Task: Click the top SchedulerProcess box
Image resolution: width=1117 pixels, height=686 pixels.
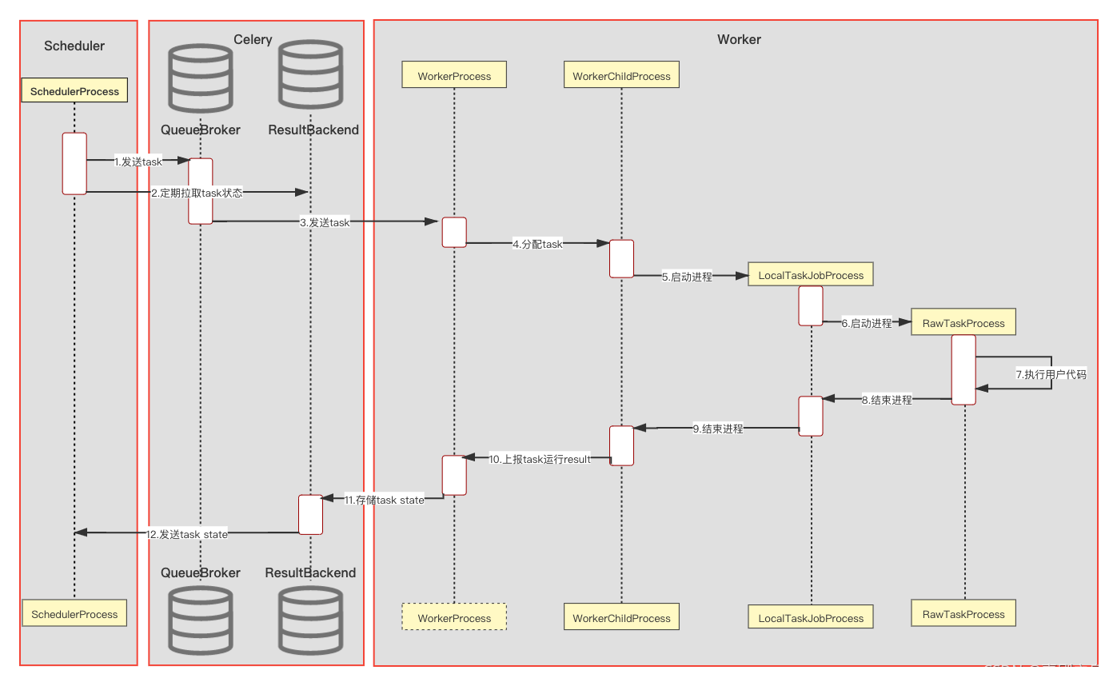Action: [x=74, y=91]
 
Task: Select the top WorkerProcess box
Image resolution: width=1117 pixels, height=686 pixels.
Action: [x=454, y=76]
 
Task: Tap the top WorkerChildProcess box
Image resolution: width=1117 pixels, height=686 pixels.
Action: [x=621, y=76]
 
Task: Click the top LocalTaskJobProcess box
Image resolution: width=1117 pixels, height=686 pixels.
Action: [x=811, y=275]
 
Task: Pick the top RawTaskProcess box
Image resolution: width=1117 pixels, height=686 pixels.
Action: [x=963, y=323]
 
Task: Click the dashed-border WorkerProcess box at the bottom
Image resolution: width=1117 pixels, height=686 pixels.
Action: [x=454, y=618]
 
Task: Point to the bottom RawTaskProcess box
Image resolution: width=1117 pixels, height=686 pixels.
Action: [x=963, y=614]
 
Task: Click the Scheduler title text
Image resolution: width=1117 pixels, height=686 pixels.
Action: [x=74, y=46]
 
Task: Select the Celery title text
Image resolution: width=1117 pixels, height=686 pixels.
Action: [x=253, y=39]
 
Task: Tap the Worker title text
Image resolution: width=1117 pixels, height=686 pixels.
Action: [x=739, y=39]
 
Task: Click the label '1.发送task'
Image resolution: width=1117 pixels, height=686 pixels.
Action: [x=138, y=162]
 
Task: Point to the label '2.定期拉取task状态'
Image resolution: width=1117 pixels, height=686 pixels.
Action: [x=197, y=193]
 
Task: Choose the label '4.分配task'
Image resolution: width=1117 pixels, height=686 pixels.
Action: [x=537, y=244]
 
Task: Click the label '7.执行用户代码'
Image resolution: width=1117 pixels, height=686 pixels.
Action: [x=1051, y=374]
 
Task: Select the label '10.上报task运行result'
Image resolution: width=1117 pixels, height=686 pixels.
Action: [x=540, y=459]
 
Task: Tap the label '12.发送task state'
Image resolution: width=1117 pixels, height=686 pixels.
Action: [x=187, y=534]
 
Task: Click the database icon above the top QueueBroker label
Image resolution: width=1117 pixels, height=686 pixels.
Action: [x=200, y=78]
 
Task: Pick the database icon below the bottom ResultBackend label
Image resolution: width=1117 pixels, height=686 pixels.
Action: [x=310, y=620]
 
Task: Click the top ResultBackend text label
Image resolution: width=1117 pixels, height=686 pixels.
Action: [x=313, y=130]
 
